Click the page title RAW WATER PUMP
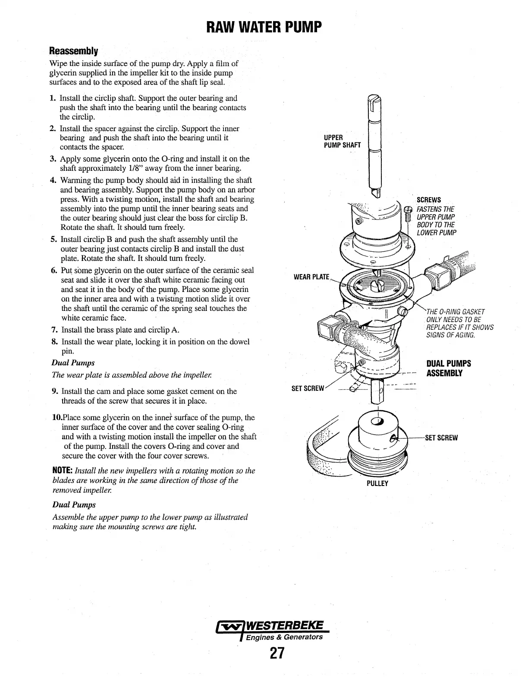pos(264,28)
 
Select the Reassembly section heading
pos(74,51)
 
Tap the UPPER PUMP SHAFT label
pos(342,141)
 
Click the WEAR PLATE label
pos(311,276)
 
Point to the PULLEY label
pos(377,483)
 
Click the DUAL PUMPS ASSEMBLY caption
pos(449,368)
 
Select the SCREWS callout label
pos(428,200)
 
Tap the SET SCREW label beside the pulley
pos(441,438)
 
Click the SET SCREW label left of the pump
pos(308,388)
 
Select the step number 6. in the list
pos(54,270)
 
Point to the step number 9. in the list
pos(55,392)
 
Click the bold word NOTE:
pos(62,471)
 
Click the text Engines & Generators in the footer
pos(284,637)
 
